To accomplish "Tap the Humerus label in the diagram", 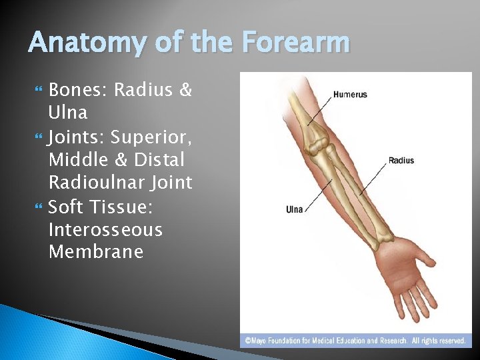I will click(x=350, y=95).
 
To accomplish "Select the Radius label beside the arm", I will click(x=401, y=161).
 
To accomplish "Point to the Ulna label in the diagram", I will click(x=294, y=209).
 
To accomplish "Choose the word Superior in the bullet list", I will click(x=151, y=137).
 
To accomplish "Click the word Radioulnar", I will click(x=98, y=183).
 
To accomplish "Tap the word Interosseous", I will click(x=105, y=229).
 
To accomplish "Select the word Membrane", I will click(x=95, y=252).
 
